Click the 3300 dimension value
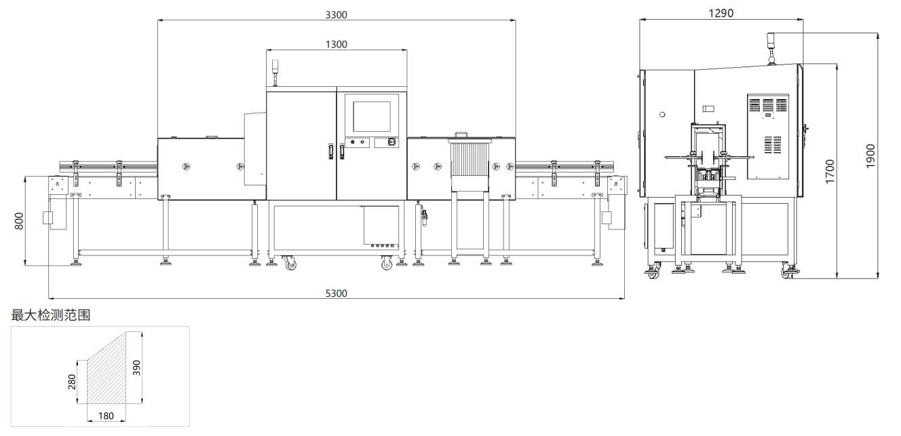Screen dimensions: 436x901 point(336,14)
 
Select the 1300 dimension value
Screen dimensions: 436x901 point(336,44)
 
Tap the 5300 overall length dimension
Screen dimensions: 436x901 point(336,293)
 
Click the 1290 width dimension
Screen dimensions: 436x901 point(721,13)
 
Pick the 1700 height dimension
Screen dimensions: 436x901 point(830,171)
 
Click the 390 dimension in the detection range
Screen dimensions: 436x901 point(136,367)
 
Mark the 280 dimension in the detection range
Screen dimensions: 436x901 point(72,381)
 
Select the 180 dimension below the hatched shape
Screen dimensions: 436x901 point(106,416)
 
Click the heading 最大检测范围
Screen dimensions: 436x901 point(51,315)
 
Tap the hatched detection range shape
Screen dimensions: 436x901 point(109,374)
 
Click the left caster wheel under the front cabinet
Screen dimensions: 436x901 point(290,263)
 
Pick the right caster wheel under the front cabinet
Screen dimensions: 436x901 point(387,263)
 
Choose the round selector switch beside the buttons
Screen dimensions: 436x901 point(391,143)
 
